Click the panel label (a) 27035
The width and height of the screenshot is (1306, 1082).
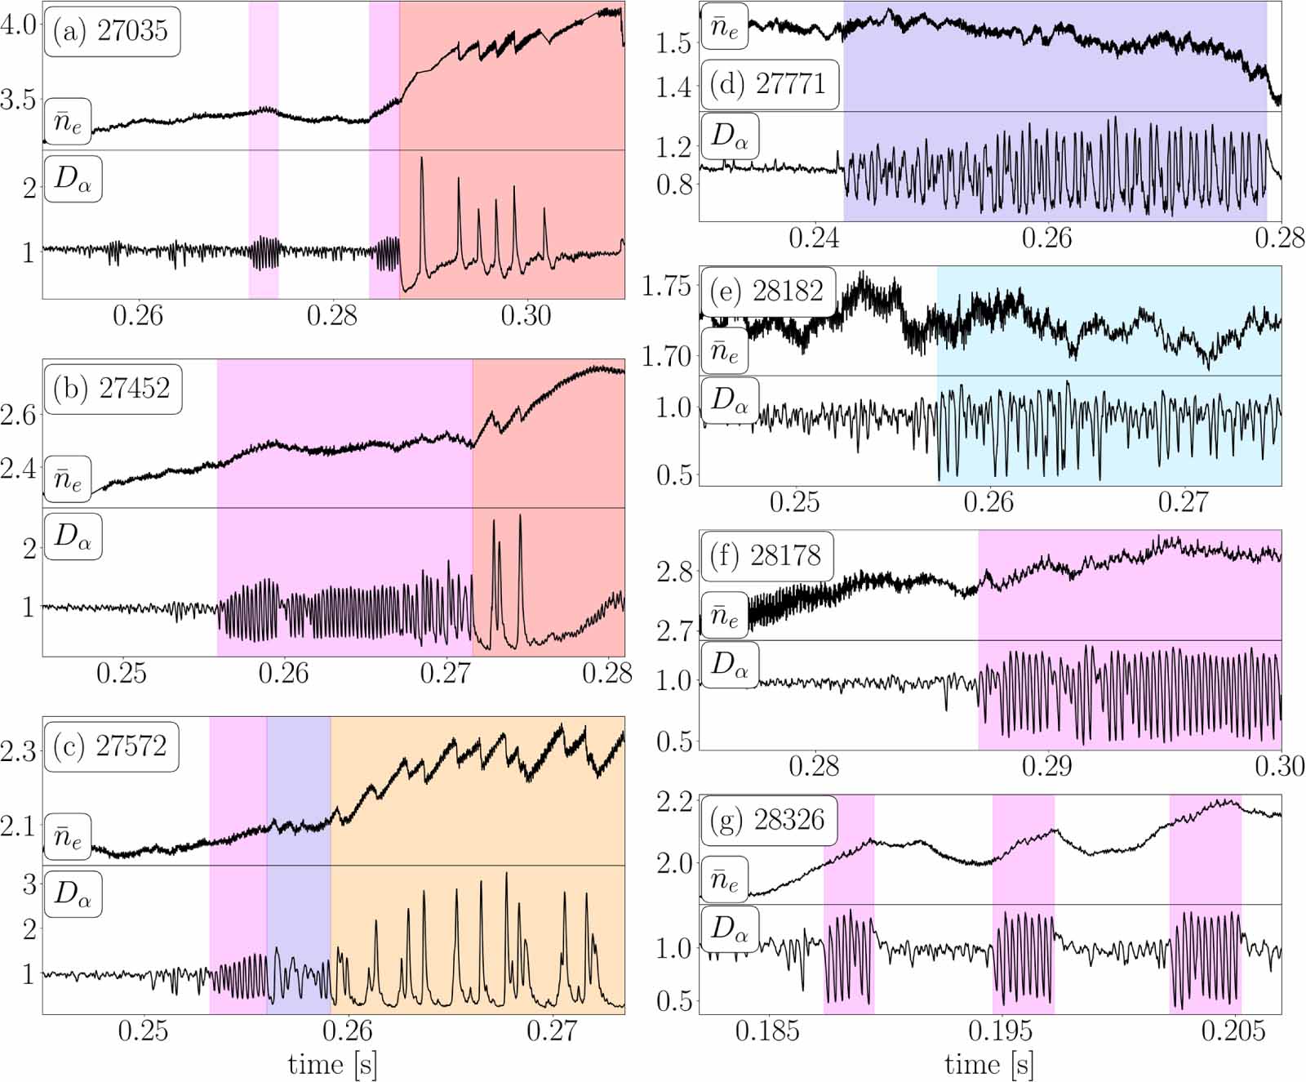coord(111,31)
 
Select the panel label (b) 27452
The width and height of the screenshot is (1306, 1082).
coord(112,388)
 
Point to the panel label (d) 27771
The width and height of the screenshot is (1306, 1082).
coord(769,84)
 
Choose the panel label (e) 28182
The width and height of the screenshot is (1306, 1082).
coord(767,291)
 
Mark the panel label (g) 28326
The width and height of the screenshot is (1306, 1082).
coord(768,819)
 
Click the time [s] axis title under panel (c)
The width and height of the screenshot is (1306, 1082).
coord(332,1064)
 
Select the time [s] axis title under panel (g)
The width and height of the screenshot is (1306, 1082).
coord(989,1064)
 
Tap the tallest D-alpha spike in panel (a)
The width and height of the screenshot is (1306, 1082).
coord(421,160)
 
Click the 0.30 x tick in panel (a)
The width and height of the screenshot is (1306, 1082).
coord(526,315)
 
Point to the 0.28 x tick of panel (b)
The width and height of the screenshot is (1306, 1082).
coord(607,673)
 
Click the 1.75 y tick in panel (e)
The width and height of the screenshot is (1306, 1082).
coord(667,287)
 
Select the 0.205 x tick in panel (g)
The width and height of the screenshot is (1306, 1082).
coord(1233,1031)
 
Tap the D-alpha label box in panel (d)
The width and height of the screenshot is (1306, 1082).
coord(730,136)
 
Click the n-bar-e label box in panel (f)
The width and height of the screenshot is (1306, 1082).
coord(724,615)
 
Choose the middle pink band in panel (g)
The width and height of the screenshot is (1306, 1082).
coord(1023,902)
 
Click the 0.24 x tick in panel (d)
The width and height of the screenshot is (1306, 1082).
coord(814,238)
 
